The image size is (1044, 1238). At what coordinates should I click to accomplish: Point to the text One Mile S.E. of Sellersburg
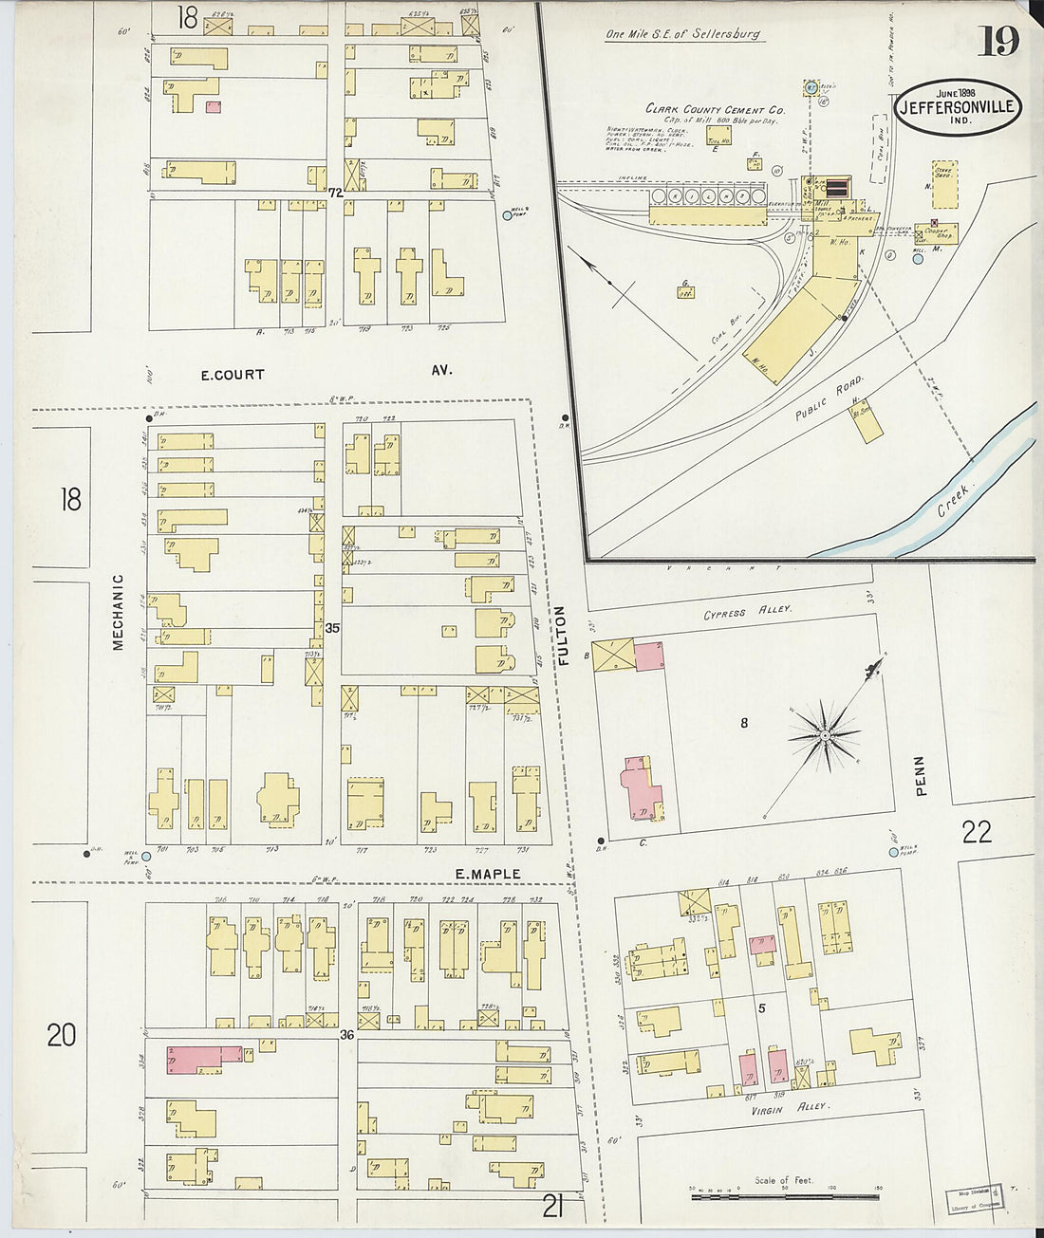(683, 35)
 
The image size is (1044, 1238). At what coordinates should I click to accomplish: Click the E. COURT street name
(233, 374)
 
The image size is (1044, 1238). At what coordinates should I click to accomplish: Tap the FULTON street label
(563, 635)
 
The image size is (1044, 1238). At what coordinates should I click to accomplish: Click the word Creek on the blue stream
(952, 500)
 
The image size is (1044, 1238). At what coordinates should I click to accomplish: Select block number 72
(334, 193)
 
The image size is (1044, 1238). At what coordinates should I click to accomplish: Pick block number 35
(332, 628)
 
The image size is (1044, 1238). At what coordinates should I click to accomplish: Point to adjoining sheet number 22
(977, 832)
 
